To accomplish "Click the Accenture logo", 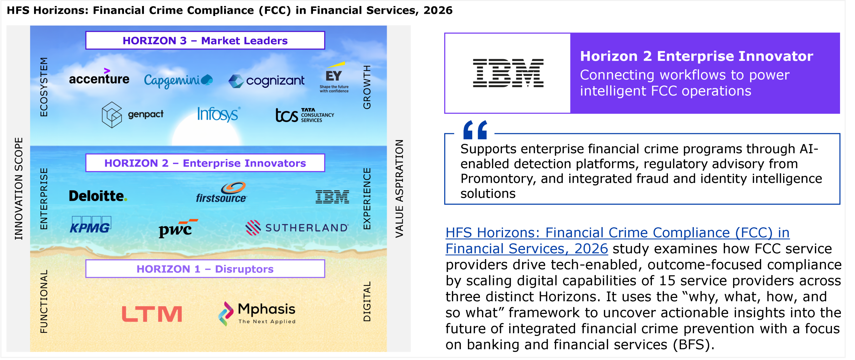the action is click(99, 76).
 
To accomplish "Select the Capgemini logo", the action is click(178, 80).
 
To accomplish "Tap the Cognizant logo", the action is click(266, 81).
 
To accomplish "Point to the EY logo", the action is click(334, 77).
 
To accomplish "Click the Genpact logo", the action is click(133, 115).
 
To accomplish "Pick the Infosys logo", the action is click(218, 114).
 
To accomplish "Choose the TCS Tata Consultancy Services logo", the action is click(305, 115).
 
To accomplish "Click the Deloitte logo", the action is click(98, 196).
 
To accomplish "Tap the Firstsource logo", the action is click(221, 192).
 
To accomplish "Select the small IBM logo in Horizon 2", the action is click(332, 197).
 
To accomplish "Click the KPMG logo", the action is click(91, 225).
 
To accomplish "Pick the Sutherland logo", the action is click(297, 228).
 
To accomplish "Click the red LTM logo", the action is click(152, 314).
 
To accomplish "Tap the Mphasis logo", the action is click(257, 313).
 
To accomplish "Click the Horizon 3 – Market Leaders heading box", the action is click(205, 40).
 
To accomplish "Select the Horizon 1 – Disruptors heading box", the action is click(205, 269).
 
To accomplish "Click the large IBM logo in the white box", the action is click(508, 73).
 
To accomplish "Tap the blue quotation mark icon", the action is click(475, 130).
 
